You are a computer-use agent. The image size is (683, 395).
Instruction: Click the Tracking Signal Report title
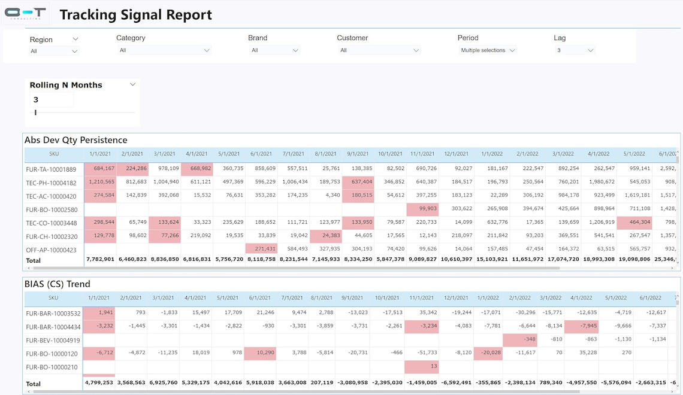(x=135, y=15)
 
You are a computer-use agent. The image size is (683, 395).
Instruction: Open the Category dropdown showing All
(x=164, y=50)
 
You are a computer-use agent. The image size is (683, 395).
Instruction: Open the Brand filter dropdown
(x=274, y=50)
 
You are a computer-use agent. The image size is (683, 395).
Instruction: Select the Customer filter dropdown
(x=379, y=50)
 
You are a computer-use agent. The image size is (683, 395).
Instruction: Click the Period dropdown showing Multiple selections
(x=487, y=50)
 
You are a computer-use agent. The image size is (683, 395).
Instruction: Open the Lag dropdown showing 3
(x=574, y=50)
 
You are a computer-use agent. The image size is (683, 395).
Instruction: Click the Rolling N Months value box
(x=52, y=100)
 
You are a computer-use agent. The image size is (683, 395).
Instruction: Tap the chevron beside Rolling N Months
(x=133, y=84)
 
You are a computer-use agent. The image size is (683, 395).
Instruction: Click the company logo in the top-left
(x=25, y=13)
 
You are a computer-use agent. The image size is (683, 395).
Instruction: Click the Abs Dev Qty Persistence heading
(x=76, y=140)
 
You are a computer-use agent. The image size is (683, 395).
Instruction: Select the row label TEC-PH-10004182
(x=52, y=183)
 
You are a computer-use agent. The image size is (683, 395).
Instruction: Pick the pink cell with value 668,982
(x=196, y=169)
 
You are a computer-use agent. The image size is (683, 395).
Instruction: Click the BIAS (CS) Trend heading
(x=58, y=284)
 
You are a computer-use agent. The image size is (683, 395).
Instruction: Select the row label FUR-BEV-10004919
(x=53, y=340)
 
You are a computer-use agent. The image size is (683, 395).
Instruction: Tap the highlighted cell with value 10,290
(x=261, y=353)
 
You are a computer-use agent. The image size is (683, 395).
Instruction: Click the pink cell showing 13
(x=420, y=367)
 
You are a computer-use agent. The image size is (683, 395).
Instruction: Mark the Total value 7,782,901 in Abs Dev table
(x=101, y=260)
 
